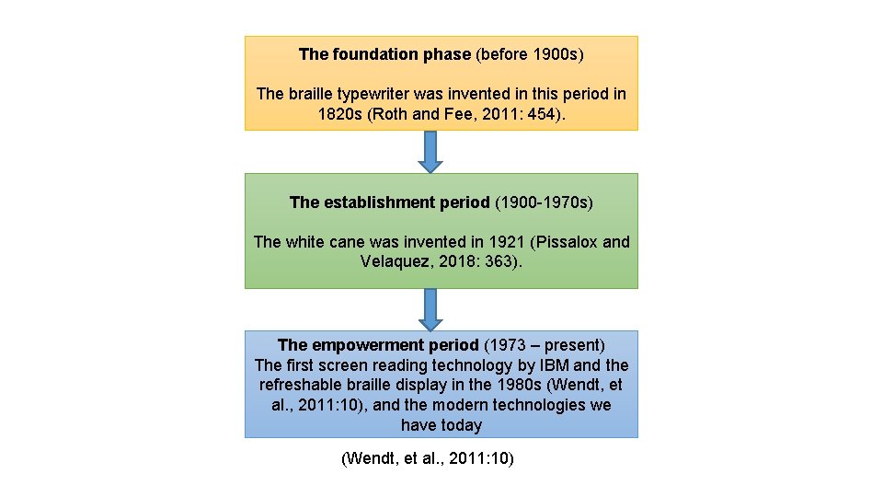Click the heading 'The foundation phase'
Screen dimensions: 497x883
384,54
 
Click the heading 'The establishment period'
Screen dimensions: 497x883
389,202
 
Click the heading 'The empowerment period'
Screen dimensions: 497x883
377,345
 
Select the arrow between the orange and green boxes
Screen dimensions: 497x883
430,152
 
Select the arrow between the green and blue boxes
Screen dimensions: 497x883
430,309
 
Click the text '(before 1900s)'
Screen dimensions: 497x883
529,54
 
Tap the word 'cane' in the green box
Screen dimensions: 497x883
347,242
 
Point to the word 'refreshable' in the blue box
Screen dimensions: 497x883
300,385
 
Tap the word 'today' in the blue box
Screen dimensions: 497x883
461,425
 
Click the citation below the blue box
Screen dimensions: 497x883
427,457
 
